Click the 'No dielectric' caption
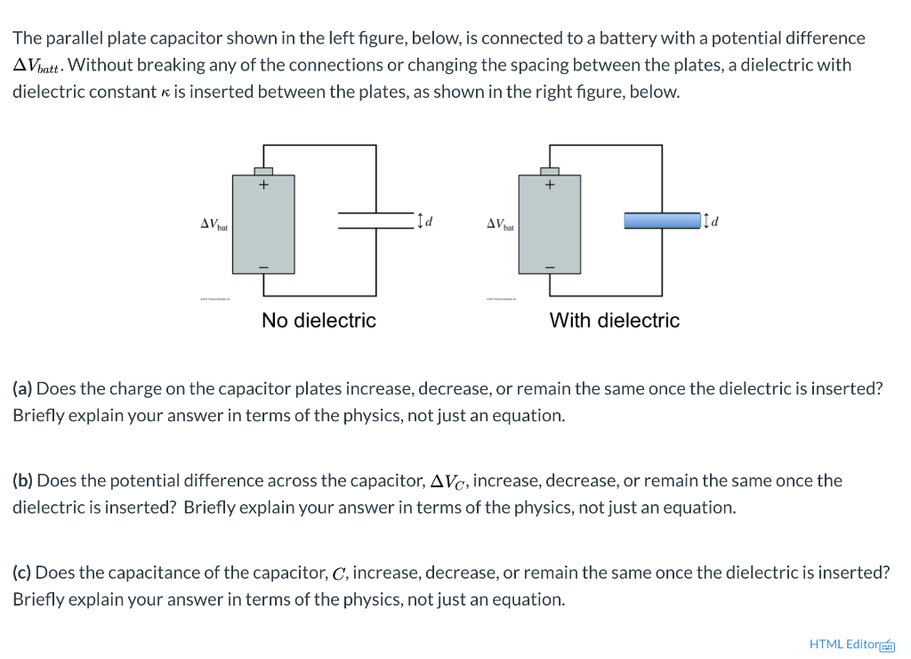point(318,321)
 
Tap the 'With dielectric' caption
point(614,321)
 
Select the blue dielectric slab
point(662,220)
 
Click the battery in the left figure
point(263,224)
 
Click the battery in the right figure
point(550,224)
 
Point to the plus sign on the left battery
point(263,185)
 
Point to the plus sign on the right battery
point(550,185)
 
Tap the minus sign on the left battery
point(263,264)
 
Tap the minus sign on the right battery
point(550,264)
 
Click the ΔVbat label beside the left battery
point(214,224)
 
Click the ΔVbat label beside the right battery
point(500,224)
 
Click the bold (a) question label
point(23,389)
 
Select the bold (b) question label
point(23,481)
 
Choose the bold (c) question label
point(23,573)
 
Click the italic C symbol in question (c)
point(341,574)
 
